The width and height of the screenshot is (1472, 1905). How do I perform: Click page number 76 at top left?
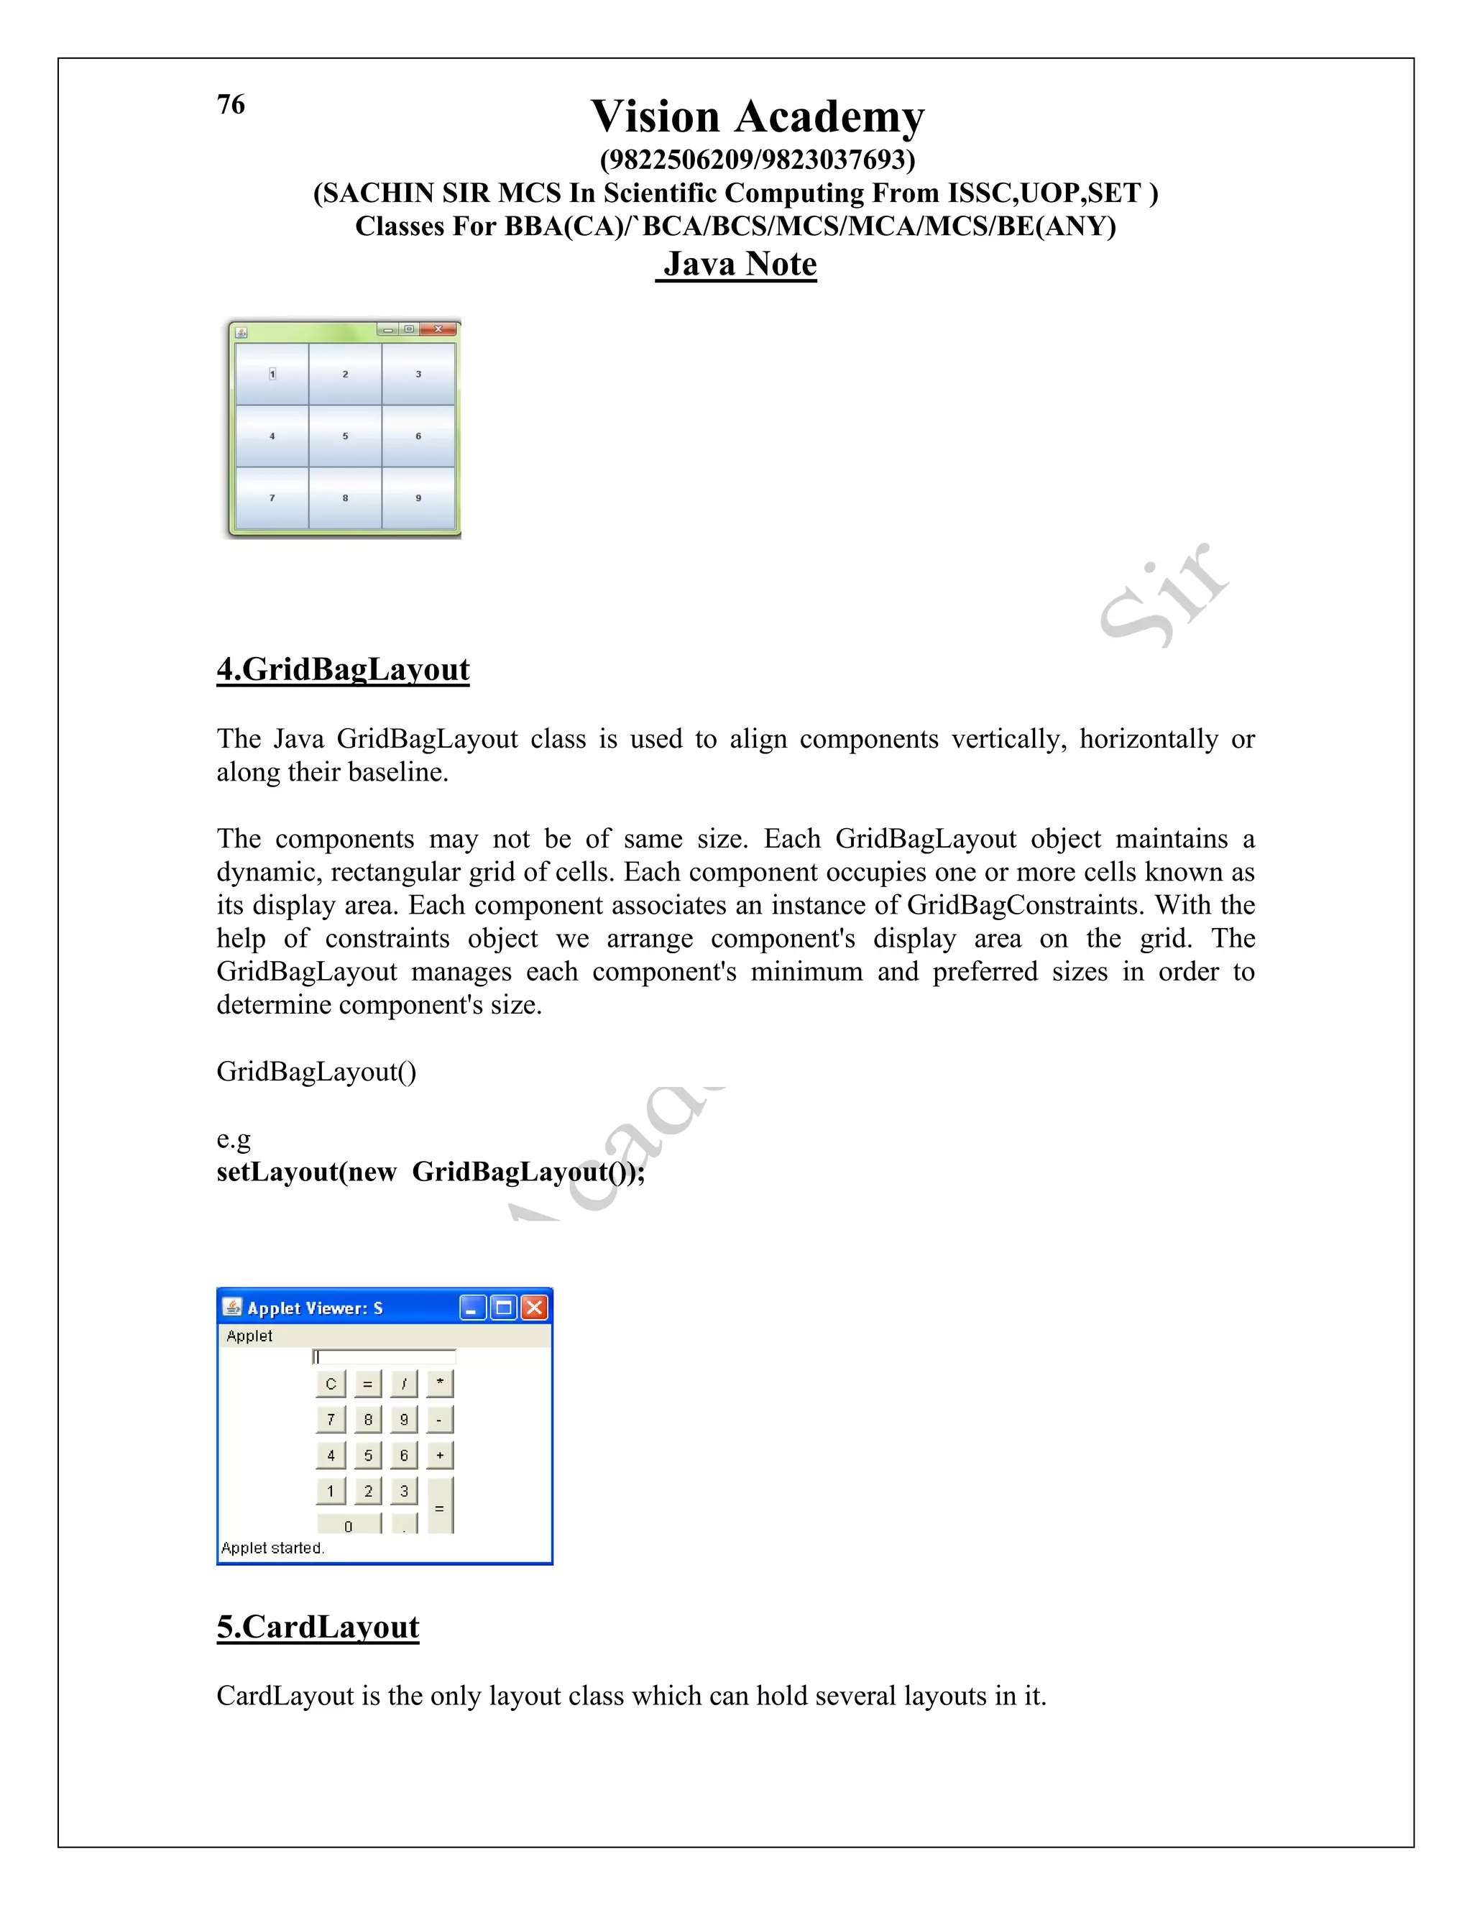click(231, 105)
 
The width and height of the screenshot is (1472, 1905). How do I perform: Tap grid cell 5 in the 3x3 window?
click(345, 436)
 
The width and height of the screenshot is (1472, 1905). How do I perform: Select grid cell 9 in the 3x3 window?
click(418, 498)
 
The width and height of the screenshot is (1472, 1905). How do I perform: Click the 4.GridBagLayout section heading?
click(343, 669)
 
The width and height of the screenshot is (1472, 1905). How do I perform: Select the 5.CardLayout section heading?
click(318, 1627)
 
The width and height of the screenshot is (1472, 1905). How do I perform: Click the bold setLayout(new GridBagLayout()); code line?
click(431, 1172)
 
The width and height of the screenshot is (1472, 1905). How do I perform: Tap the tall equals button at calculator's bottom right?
click(439, 1505)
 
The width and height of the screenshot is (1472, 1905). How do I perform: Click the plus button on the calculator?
click(439, 1455)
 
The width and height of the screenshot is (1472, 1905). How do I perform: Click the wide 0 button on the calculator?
click(349, 1525)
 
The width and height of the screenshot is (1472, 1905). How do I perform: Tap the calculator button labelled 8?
click(368, 1419)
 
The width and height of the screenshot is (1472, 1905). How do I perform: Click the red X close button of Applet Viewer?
click(535, 1308)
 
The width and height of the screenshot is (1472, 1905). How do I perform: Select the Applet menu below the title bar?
click(249, 1336)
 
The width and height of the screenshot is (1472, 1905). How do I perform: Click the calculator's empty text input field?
click(385, 1357)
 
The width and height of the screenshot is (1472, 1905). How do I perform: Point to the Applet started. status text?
click(272, 1548)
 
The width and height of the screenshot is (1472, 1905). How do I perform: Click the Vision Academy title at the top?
click(757, 117)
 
